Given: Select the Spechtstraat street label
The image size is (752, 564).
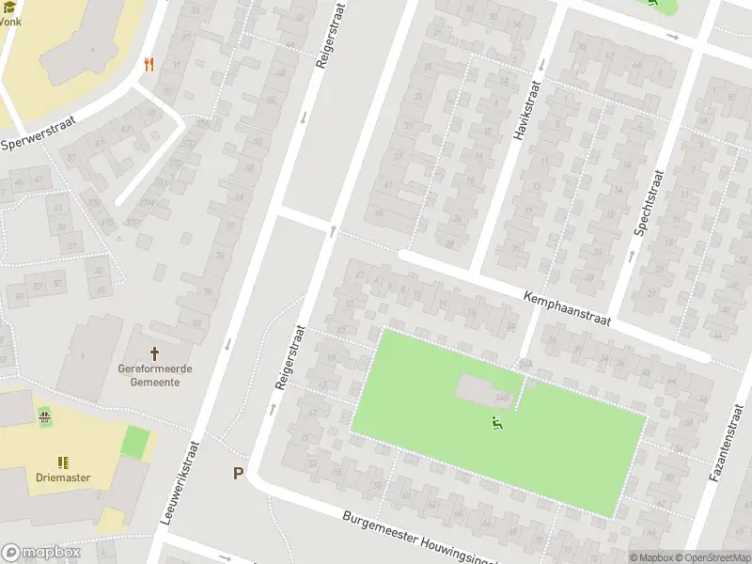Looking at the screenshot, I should tap(650, 203).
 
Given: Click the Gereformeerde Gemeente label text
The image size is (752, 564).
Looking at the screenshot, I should tap(155, 375).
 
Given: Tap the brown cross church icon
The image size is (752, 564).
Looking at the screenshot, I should tap(155, 351).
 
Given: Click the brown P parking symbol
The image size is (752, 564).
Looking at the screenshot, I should tap(239, 474).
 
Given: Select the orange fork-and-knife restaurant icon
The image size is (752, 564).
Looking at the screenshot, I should tap(149, 64).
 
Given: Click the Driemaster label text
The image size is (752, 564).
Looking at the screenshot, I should tap(64, 478).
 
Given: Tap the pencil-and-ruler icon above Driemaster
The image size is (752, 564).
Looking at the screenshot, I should tap(63, 462).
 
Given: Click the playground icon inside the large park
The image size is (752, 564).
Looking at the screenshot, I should tap(496, 424).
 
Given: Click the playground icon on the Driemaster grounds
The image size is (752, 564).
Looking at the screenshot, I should tap(43, 415).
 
